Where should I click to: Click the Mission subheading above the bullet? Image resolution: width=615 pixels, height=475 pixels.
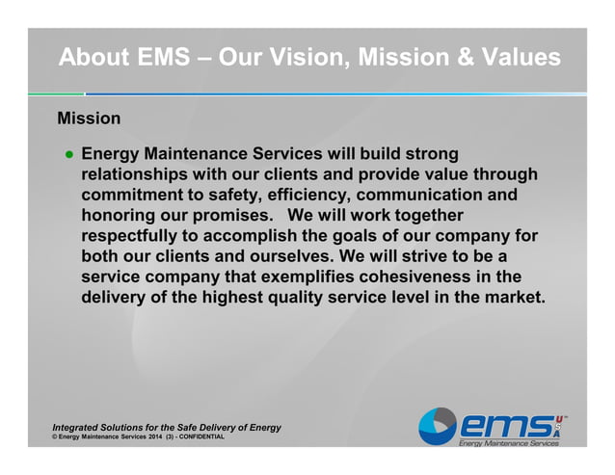[x=89, y=119]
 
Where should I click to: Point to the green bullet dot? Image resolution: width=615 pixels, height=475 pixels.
[x=69, y=154]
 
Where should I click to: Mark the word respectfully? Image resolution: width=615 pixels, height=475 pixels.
[x=138, y=236]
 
